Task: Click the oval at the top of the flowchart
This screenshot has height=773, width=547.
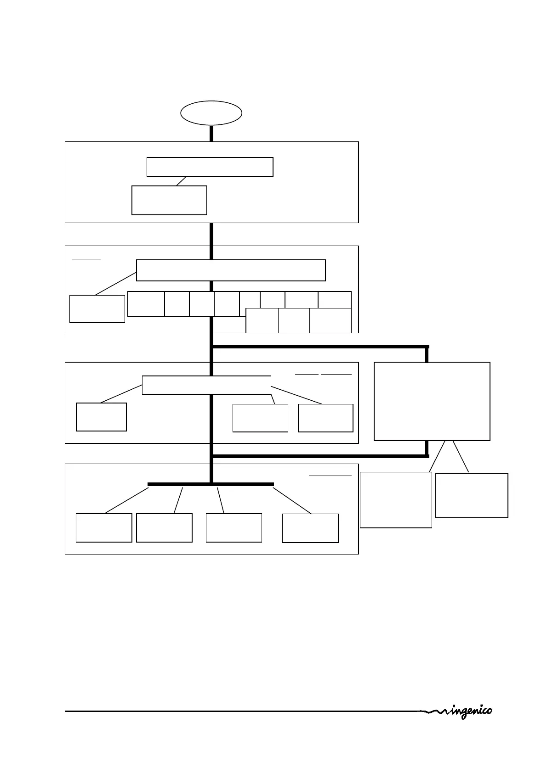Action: point(211,113)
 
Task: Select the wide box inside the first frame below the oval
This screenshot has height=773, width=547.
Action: point(210,167)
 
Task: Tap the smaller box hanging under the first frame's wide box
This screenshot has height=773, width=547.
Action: point(169,200)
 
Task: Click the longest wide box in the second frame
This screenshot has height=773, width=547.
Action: point(231,270)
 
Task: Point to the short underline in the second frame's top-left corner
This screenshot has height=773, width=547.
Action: point(86,259)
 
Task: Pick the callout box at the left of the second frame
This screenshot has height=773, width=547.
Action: point(97,309)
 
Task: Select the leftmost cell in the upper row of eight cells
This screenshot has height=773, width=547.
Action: point(146,303)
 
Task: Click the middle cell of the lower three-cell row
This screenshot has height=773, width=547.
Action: point(294,320)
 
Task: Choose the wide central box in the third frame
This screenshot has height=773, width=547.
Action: point(206,385)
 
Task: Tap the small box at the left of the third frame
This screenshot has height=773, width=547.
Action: point(101,417)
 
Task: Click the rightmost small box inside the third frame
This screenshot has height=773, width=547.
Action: point(325,418)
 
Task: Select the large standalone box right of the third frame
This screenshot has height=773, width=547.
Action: point(432,401)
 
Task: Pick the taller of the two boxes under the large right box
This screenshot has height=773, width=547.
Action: point(396,500)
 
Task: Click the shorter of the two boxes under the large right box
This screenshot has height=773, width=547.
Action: point(472,495)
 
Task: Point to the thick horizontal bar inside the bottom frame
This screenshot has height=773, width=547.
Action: point(211,484)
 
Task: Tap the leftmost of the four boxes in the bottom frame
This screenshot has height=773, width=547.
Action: point(104,528)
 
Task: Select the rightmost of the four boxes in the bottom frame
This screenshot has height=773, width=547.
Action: point(310,528)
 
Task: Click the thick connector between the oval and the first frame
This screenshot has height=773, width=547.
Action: point(211,133)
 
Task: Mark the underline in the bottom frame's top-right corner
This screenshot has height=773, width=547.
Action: point(330,476)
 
